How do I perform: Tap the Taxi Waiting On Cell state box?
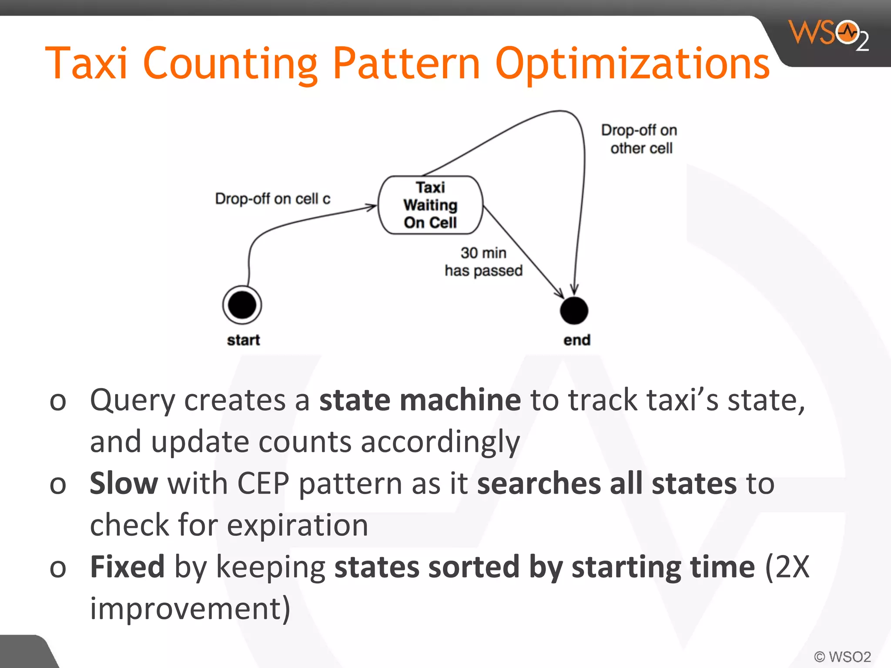(430, 205)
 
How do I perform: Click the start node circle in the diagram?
(242, 305)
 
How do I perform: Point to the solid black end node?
(574, 311)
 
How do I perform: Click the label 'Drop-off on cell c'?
(272, 199)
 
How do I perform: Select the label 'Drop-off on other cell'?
(640, 139)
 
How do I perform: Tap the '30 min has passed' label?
(483, 261)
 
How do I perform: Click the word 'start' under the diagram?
(243, 340)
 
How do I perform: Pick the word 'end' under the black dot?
(576, 340)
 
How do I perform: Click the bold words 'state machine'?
(420, 400)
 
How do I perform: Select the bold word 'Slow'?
(124, 483)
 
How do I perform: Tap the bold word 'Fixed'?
(127, 567)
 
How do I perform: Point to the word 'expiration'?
(298, 525)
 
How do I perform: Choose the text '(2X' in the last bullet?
(787, 567)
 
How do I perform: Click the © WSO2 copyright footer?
(842, 656)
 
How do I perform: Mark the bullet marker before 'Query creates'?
(58, 401)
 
